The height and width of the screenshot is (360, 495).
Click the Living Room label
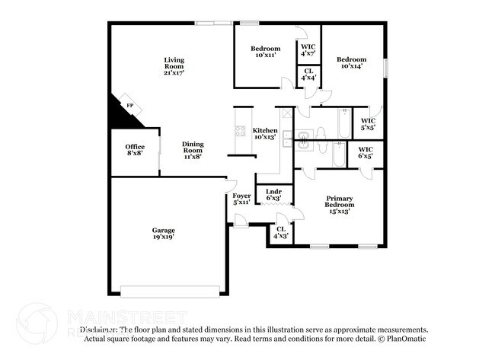coord(174,66)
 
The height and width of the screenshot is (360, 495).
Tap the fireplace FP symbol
coord(130,106)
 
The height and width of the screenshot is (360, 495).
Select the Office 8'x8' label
coord(135,151)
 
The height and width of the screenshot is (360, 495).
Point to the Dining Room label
coord(192,150)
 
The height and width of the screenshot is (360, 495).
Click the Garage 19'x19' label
coord(163,234)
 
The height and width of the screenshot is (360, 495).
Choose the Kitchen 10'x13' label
coord(265,134)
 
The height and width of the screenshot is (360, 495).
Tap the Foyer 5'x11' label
coord(241,199)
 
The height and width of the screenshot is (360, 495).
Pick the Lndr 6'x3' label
coord(273,195)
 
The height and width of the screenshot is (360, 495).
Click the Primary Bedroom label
coord(339,205)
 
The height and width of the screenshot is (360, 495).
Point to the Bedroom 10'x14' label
coord(351,62)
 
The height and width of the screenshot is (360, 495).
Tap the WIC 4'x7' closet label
coord(308,50)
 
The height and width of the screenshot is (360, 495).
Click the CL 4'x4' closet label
coord(308,75)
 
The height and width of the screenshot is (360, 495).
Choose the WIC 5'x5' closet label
coord(368,124)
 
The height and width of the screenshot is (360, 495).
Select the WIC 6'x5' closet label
coord(365,153)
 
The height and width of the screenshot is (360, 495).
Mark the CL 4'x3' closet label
coord(281,232)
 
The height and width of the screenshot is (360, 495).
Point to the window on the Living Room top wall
coord(214,24)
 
